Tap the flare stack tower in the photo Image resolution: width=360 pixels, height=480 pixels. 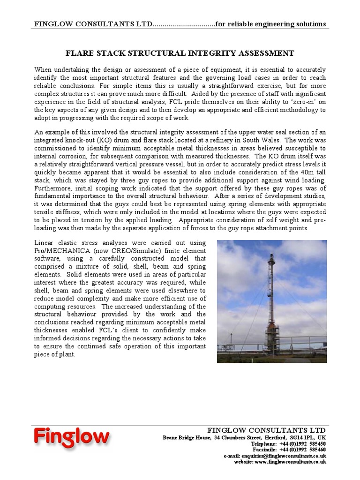click(x=271, y=309)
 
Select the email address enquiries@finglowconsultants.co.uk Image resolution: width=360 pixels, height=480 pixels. click(x=283, y=456)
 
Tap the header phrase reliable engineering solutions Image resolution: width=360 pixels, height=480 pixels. click(x=280, y=24)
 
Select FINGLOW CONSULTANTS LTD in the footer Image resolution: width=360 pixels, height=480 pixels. click(x=266, y=430)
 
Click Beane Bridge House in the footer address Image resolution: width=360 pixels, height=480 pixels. click(x=186, y=437)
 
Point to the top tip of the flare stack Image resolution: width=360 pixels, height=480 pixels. click(x=271, y=255)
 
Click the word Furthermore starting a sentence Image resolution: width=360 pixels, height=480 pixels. click(x=52, y=188)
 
